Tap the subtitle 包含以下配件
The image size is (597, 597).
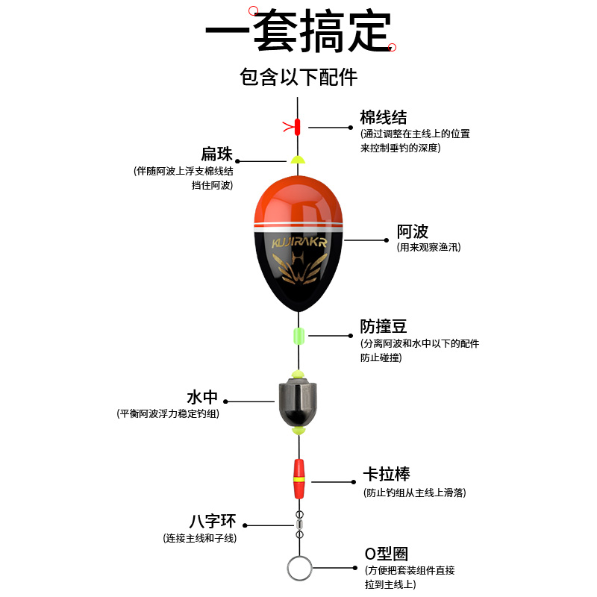click(298, 77)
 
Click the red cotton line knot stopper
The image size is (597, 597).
click(298, 126)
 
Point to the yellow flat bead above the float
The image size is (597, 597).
click(298, 160)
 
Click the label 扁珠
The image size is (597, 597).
click(216, 154)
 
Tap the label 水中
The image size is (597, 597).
click(202, 396)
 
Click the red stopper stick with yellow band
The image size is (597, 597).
click(298, 478)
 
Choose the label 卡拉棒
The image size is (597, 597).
click(386, 475)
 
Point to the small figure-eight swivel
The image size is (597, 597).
click(299, 524)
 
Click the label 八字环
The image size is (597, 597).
click(213, 521)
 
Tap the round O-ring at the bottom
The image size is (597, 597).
click(298, 569)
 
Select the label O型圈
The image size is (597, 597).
click(386, 554)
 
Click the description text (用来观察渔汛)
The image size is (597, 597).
click(428, 247)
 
